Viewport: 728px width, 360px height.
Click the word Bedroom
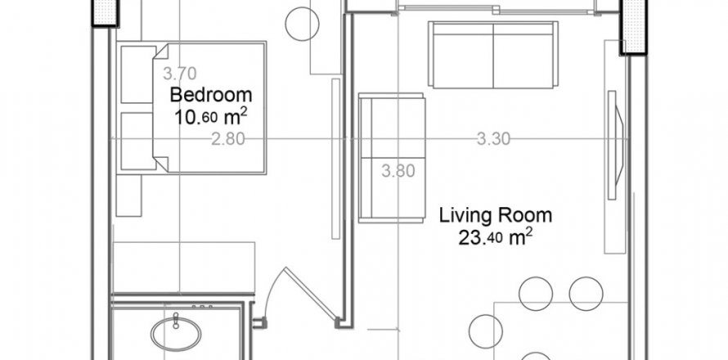(x=210, y=94)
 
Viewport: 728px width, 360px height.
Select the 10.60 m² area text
(x=210, y=115)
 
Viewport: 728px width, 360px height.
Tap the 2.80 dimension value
(x=228, y=139)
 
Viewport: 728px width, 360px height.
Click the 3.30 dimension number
(x=493, y=139)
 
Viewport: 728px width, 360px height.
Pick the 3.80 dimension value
(x=399, y=171)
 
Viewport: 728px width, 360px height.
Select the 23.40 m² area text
(x=496, y=238)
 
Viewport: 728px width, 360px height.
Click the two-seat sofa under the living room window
(x=493, y=55)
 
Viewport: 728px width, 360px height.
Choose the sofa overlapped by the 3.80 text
(x=393, y=157)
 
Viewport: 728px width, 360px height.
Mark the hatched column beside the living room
(x=635, y=25)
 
